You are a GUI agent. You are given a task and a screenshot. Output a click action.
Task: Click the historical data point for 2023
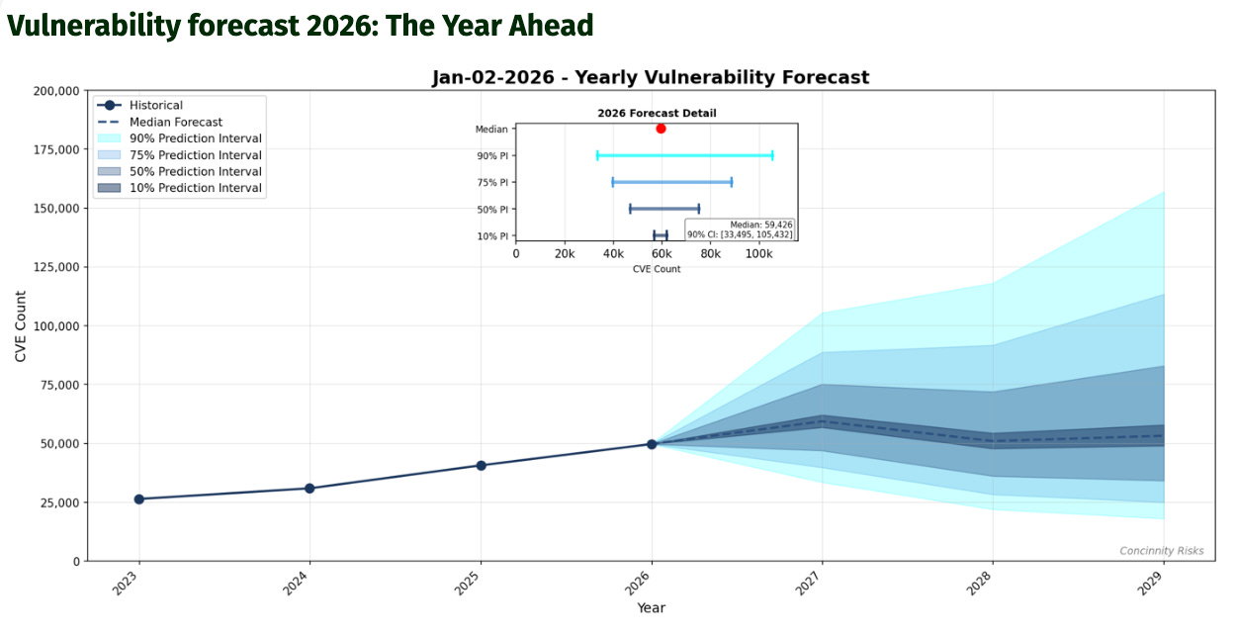pyautogui.click(x=139, y=499)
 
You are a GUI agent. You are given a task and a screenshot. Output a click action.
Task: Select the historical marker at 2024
pyautogui.click(x=309, y=489)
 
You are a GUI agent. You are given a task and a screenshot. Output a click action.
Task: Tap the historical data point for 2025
pyautogui.click(x=481, y=466)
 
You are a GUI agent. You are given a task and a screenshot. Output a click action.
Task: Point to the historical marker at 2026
pyautogui.click(x=652, y=444)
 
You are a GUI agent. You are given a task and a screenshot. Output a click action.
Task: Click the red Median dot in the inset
pyautogui.click(x=661, y=129)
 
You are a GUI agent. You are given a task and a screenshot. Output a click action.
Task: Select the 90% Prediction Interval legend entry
pyautogui.click(x=180, y=138)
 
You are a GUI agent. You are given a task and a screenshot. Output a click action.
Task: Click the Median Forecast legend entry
pyautogui.click(x=160, y=122)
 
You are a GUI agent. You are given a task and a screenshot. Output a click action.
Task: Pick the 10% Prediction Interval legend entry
pyautogui.click(x=180, y=188)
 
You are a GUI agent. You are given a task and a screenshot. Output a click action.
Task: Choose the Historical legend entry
pyautogui.click(x=140, y=105)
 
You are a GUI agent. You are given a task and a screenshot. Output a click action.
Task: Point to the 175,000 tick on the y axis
pyautogui.click(x=56, y=149)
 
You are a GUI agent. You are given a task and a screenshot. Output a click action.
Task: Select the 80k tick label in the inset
pyautogui.click(x=710, y=253)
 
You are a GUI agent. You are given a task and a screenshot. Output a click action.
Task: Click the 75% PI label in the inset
pyautogui.click(x=492, y=182)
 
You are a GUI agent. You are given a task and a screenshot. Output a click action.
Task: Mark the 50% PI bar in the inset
pyautogui.click(x=664, y=209)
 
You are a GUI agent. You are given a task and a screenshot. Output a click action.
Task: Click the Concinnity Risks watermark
pyautogui.click(x=1162, y=551)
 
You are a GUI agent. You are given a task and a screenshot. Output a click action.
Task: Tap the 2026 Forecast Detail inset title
pyautogui.click(x=657, y=113)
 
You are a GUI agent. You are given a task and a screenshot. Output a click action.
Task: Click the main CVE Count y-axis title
pyautogui.click(x=21, y=326)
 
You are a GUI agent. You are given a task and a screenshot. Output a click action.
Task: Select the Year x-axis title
pyautogui.click(x=651, y=608)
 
